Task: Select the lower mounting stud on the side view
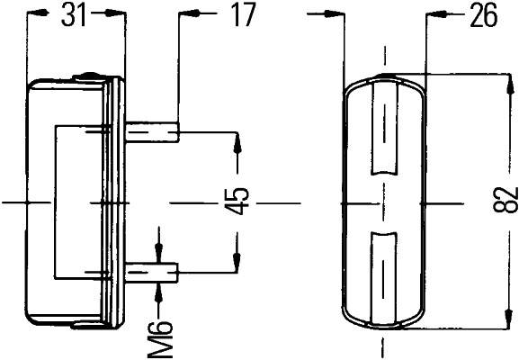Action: click(154, 271)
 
